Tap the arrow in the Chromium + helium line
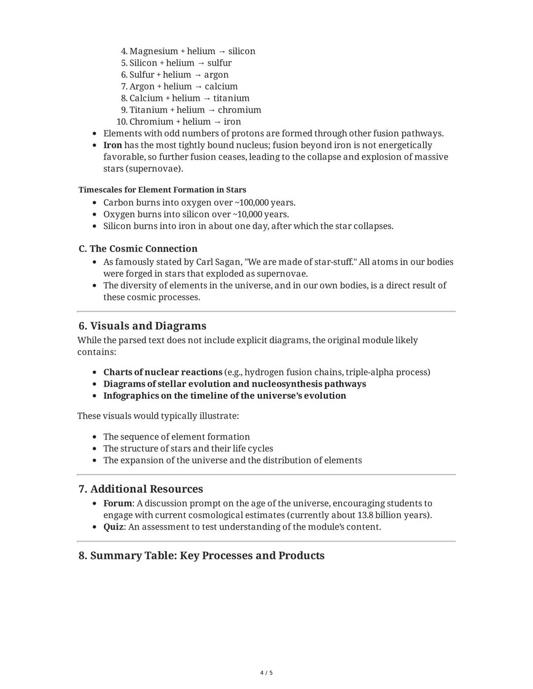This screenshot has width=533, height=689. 217,122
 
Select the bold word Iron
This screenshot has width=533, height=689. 113,145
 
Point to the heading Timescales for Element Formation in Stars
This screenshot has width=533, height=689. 162,190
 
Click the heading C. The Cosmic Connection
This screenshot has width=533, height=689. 138,249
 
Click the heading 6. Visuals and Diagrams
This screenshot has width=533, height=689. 142,326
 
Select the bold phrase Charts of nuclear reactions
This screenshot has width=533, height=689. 162,372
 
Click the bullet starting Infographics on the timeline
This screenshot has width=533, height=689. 224,396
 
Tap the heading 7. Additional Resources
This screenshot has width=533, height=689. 141,489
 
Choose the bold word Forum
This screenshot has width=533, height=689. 117,504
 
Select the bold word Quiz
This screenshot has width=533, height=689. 113,527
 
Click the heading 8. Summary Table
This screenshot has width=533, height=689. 201,556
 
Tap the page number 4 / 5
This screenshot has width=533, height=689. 266,673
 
